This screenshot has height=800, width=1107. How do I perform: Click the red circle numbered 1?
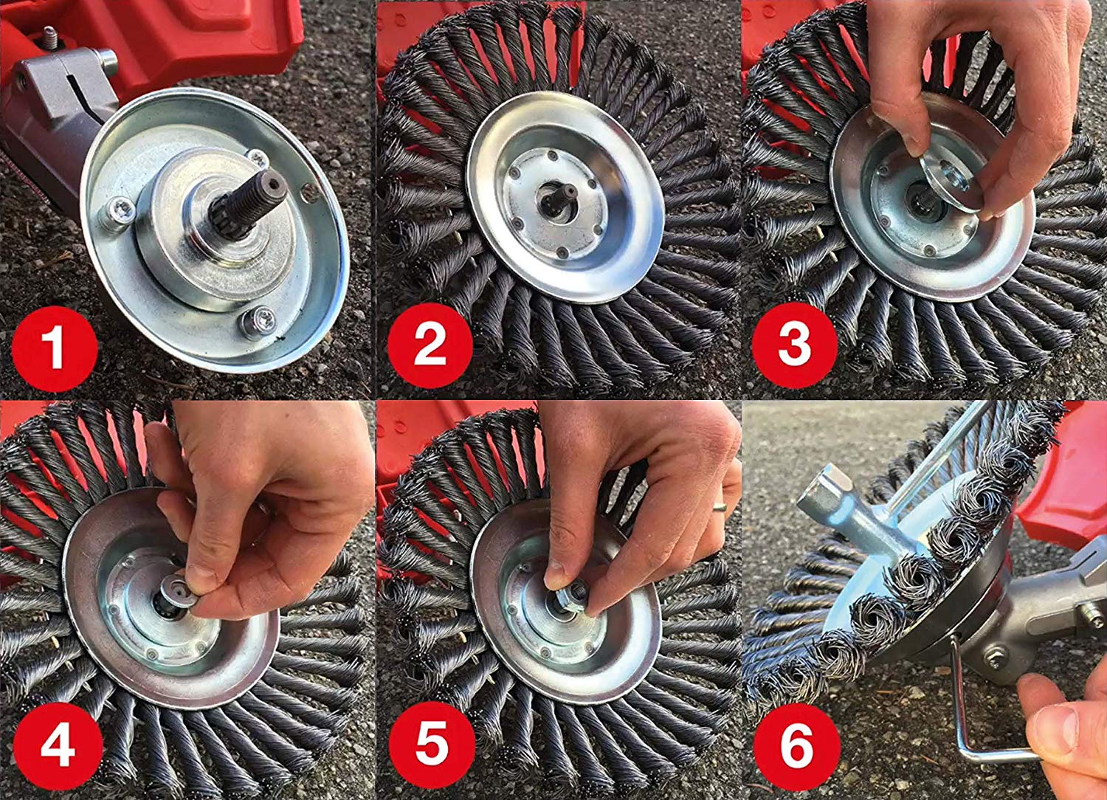[x=55, y=348]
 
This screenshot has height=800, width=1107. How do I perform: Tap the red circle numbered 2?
[x=430, y=345]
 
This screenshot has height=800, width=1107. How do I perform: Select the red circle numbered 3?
[x=795, y=345]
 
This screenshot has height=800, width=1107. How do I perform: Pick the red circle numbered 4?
[x=58, y=745]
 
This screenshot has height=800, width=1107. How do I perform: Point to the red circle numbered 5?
[x=432, y=745]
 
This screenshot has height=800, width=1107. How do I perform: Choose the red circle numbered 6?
[x=797, y=745]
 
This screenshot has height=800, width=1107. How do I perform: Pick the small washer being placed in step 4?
[x=179, y=590]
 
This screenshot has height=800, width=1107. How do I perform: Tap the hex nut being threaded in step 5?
[x=571, y=595]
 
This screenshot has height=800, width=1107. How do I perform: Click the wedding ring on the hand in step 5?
[x=719, y=506]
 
